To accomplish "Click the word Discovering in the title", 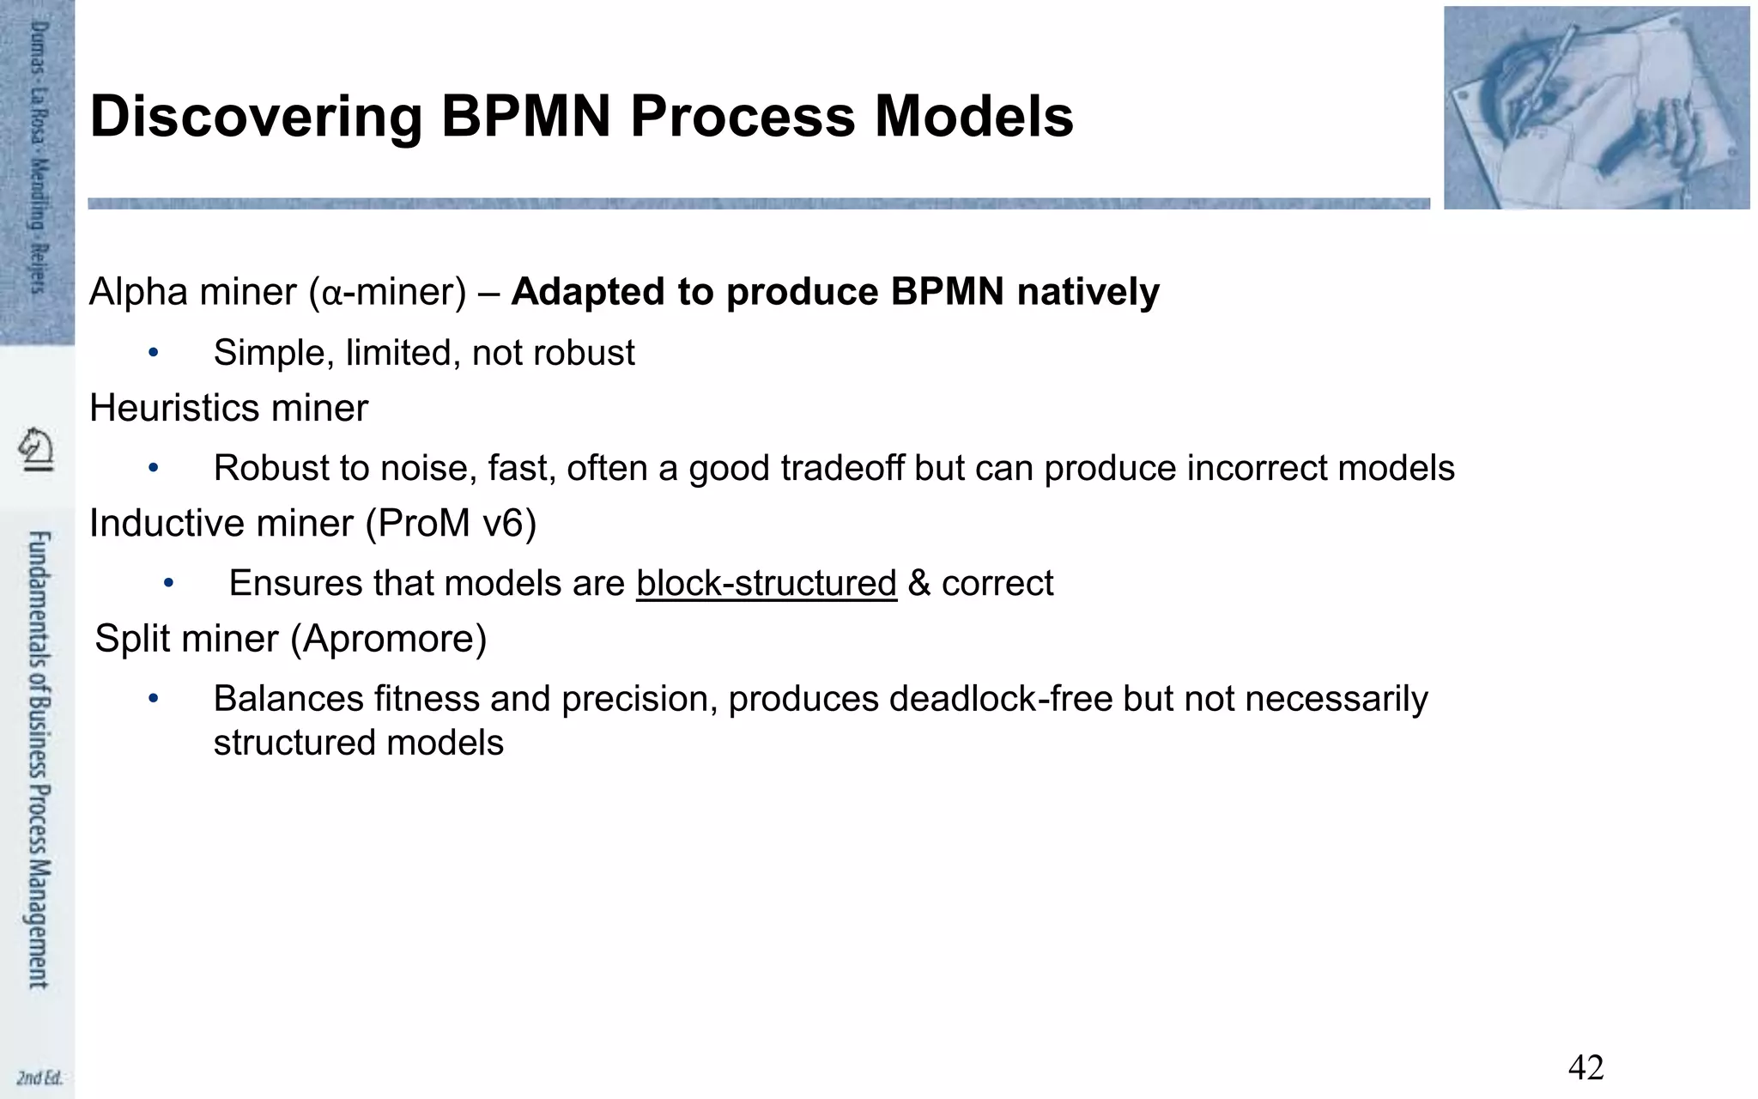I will coord(256,118).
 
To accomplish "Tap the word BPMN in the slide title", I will coord(527,118).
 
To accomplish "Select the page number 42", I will coord(1585,1068).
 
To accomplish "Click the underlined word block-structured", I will coord(766,584).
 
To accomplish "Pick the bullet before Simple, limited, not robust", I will coord(154,352).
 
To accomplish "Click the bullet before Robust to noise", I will coord(154,468).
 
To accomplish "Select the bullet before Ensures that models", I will coord(169,584).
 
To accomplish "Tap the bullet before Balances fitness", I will coord(154,699).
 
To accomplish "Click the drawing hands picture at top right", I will coord(1596,107).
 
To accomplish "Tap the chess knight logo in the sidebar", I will coord(37,449).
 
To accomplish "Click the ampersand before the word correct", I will coord(918,584).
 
